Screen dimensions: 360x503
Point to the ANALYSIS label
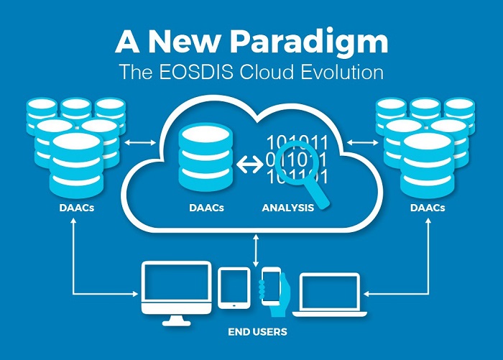[x=287, y=209]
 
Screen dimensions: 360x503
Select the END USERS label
[x=257, y=332]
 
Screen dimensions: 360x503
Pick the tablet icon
[x=234, y=289]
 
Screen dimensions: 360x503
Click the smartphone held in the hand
[x=271, y=285]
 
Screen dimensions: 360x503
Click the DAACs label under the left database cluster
[x=75, y=209]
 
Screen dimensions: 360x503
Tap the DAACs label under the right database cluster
[x=426, y=209]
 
